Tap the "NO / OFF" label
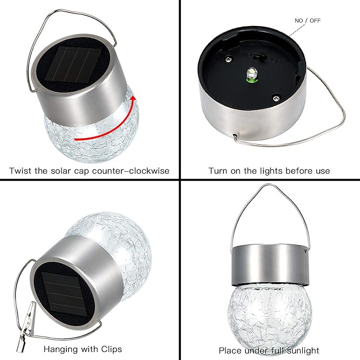coord(308,21)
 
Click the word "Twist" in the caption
coord(21,171)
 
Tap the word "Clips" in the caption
coord(110,349)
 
